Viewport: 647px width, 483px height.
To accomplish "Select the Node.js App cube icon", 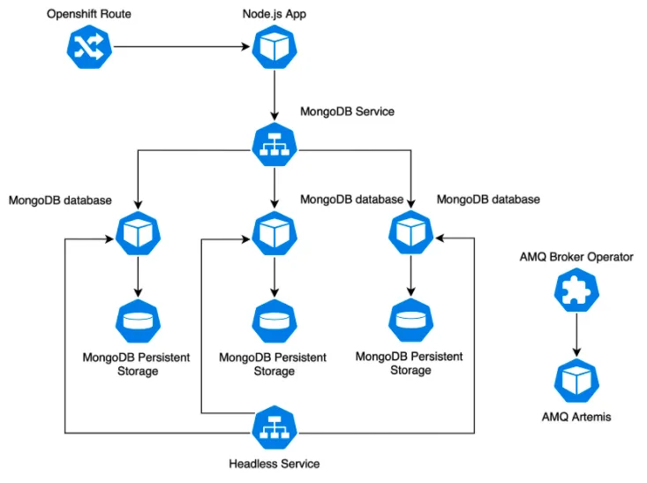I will pos(275,48).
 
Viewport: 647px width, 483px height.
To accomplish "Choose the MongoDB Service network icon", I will pos(275,145).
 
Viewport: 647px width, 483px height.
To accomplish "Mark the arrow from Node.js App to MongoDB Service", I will pos(275,96).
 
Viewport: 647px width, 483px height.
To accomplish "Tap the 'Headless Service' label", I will pos(275,464).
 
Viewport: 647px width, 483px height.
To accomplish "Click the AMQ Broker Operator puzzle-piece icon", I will pos(576,291).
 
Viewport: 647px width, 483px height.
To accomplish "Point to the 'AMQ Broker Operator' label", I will pos(576,257).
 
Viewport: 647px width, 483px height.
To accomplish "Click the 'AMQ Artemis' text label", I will pos(576,416).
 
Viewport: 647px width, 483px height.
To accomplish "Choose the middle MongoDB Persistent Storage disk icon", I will pos(275,321).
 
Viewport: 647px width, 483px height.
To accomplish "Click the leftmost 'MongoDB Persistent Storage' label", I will pos(137,364).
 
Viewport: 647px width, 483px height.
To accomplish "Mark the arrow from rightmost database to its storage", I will pos(410,277).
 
